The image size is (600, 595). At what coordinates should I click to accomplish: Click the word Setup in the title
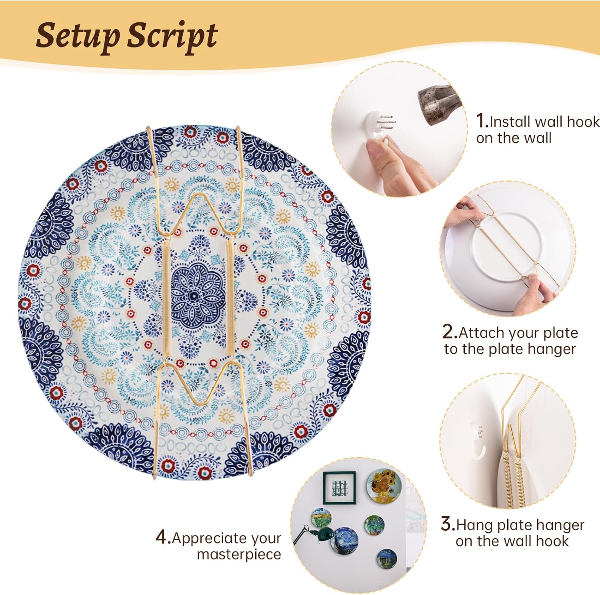point(78,36)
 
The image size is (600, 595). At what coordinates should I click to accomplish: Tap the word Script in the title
point(172,36)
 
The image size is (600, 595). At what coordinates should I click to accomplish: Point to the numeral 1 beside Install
point(481,121)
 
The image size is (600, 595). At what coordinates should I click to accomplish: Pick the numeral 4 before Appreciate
point(162,537)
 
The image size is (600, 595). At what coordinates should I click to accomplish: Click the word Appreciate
point(226,538)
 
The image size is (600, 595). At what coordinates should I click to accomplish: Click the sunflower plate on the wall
point(384,485)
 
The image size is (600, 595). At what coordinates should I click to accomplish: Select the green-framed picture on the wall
point(339,488)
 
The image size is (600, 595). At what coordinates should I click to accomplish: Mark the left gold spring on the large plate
point(165,298)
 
